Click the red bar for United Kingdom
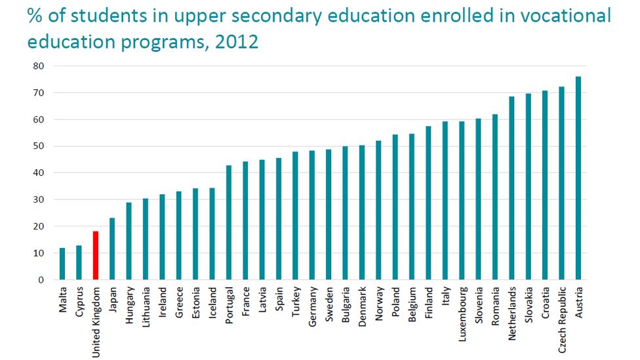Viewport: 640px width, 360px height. (x=96, y=256)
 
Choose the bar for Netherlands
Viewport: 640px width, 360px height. (x=511, y=188)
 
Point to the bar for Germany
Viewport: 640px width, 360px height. (x=312, y=215)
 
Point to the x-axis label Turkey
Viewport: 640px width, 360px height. (x=296, y=301)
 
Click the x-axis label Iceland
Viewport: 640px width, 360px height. (x=212, y=302)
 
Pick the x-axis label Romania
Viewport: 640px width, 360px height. (x=495, y=304)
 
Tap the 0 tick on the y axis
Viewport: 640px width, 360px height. (x=41, y=280)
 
